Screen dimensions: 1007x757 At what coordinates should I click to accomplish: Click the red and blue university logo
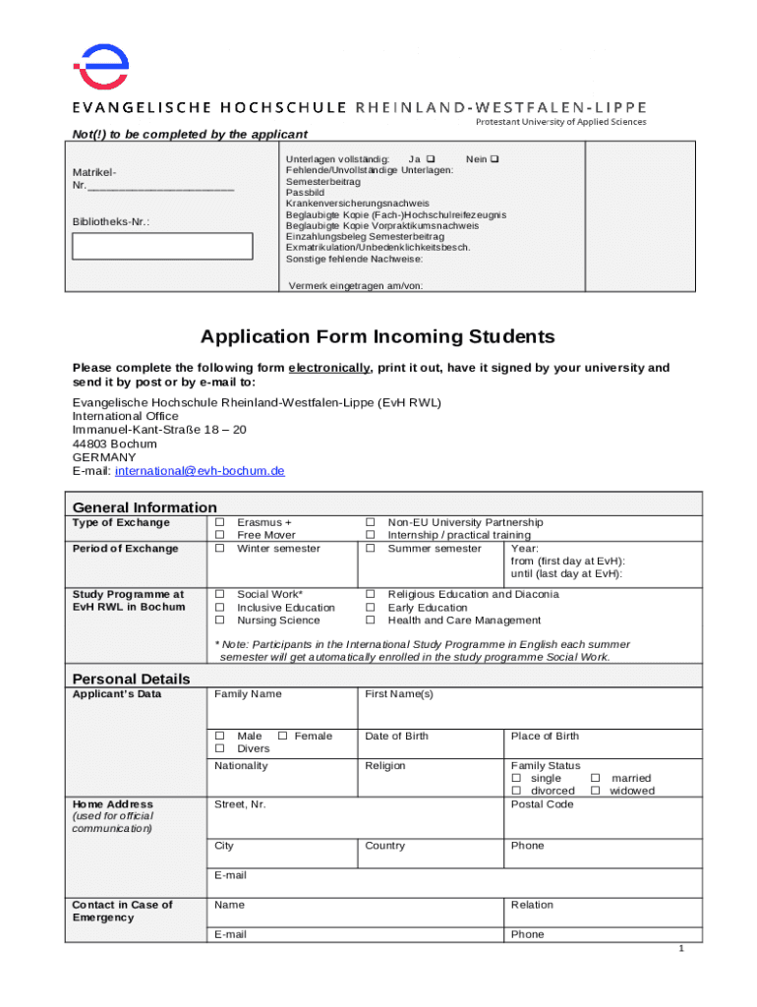click(x=101, y=66)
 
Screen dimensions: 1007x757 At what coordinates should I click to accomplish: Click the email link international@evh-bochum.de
click(x=200, y=471)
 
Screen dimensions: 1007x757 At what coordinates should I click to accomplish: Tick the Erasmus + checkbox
click(x=220, y=522)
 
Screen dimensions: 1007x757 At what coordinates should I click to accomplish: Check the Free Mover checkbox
click(x=220, y=535)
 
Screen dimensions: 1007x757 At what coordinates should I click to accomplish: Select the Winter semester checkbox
click(x=220, y=548)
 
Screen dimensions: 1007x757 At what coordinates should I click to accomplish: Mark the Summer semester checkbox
click(x=371, y=548)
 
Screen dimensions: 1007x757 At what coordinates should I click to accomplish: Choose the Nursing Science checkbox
click(x=220, y=621)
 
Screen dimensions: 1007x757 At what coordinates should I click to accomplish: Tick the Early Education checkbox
click(x=371, y=608)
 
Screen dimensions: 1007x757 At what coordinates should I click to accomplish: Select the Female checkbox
click(x=282, y=736)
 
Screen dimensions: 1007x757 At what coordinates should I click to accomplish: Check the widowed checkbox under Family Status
click(x=595, y=791)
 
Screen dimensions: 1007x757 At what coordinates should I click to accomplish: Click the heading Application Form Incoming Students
click(x=378, y=337)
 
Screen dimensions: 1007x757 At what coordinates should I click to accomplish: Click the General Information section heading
click(x=145, y=507)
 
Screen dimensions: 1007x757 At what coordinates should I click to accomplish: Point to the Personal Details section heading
click(x=132, y=679)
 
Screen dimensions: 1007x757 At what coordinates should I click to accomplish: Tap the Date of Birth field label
click(x=396, y=736)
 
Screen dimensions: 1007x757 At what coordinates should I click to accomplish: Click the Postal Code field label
click(x=542, y=804)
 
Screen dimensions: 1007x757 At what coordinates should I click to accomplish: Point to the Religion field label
click(x=385, y=765)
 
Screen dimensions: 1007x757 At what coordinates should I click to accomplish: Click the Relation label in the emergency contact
click(x=532, y=905)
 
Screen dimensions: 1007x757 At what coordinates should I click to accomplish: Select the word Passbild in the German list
click(x=305, y=193)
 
